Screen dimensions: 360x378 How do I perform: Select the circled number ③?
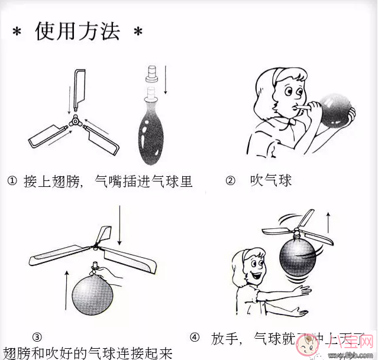37,337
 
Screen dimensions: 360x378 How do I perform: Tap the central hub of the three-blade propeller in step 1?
76,121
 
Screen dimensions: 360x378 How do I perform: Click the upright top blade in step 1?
78,89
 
